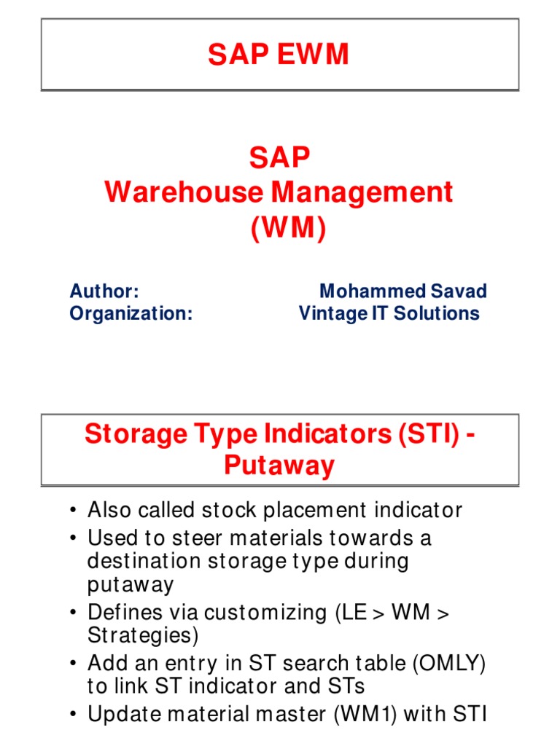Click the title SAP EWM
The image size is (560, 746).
pyautogui.click(x=279, y=55)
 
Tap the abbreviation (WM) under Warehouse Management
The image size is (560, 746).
pyautogui.click(x=288, y=227)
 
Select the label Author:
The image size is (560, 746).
pyautogui.click(x=104, y=291)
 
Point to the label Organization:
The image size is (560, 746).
pyautogui.click(x=131, y=313)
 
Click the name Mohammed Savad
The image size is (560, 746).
pyautogui.click(x=403, y=291)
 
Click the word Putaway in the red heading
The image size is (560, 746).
pyautogui.click(x=279, y=465)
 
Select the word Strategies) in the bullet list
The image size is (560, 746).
pyautogui.click(x=143, y=635)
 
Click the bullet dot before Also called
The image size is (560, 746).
pyautogui.click(x=74, y=511)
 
